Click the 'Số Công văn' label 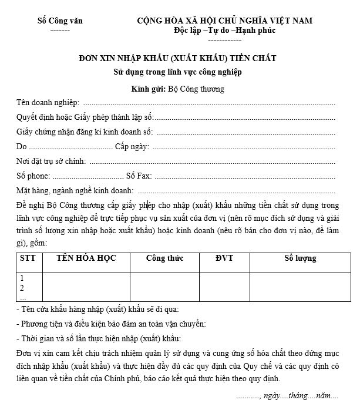(60, 21)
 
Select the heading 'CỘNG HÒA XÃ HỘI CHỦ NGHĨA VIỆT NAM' (225, 21)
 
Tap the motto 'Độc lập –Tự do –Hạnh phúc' (225, 31)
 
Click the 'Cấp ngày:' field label (133, 146)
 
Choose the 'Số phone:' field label (34, 176)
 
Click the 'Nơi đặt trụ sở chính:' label (52, 161)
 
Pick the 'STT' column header (27, 258)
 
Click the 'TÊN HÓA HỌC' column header (86, 258)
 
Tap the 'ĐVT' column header (224, 258)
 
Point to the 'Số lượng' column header (300, 258)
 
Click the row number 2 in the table (22, 287)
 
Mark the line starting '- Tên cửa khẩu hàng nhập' (97, 309)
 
